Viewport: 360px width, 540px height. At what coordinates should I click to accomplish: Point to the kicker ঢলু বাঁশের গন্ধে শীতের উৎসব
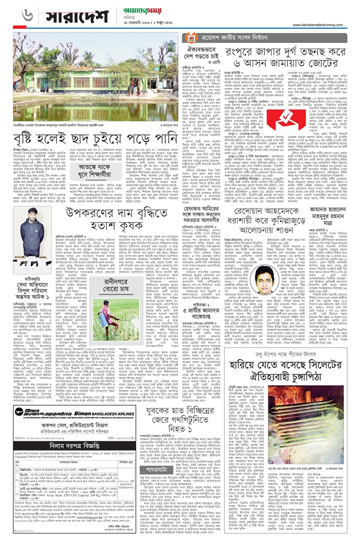291,338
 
